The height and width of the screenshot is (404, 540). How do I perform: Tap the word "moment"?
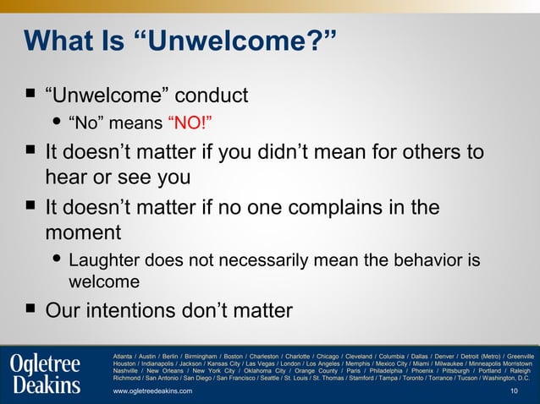[83, 232]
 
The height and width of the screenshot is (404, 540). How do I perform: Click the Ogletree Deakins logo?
[47, 374]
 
